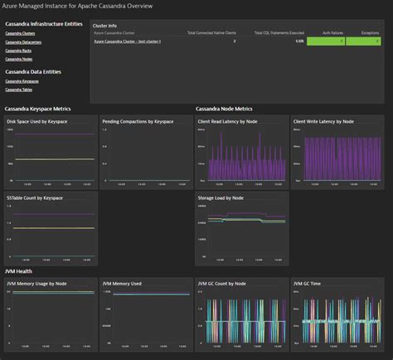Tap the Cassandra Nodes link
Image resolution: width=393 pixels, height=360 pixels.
point(17,59)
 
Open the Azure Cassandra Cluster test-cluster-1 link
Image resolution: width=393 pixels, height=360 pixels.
point(127,40)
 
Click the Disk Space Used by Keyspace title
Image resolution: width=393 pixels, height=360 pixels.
point(39,121)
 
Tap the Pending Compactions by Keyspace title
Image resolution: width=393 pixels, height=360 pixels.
point(138,121)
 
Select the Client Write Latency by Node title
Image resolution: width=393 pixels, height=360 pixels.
point(329,121)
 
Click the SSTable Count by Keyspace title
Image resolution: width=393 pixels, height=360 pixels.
point(35,198)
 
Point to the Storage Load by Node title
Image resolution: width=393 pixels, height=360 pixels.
point(221,198)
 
